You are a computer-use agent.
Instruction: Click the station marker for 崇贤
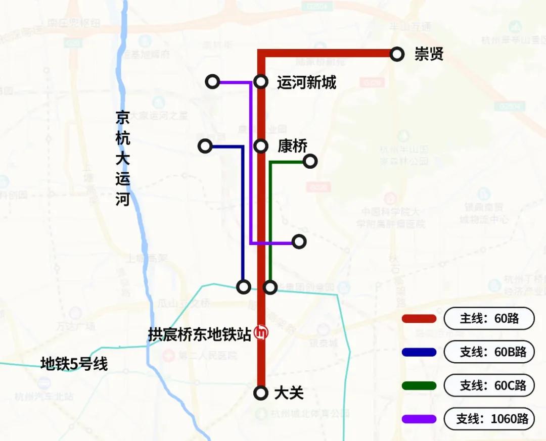397,54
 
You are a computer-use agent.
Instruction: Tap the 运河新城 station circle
261,81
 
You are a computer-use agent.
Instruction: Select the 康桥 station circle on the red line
261,146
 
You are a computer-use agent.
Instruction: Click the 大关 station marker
261,393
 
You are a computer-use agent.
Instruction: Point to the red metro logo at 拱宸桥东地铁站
261,332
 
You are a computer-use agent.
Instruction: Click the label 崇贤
429,54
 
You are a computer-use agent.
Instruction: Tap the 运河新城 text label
306,82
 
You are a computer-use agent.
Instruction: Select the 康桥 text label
292,146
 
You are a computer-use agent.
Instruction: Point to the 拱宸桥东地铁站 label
200,334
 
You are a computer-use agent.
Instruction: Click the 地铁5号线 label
74,364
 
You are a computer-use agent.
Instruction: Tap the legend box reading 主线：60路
489,319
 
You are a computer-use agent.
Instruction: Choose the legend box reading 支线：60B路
489,352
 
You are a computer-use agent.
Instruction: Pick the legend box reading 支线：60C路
489,386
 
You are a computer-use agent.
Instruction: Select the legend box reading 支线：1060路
489,419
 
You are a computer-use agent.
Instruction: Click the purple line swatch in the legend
419,419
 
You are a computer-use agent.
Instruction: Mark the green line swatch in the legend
419,386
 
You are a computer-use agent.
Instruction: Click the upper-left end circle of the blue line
205,146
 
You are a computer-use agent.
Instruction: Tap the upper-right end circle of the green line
310,161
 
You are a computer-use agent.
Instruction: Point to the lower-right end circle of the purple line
299,242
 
